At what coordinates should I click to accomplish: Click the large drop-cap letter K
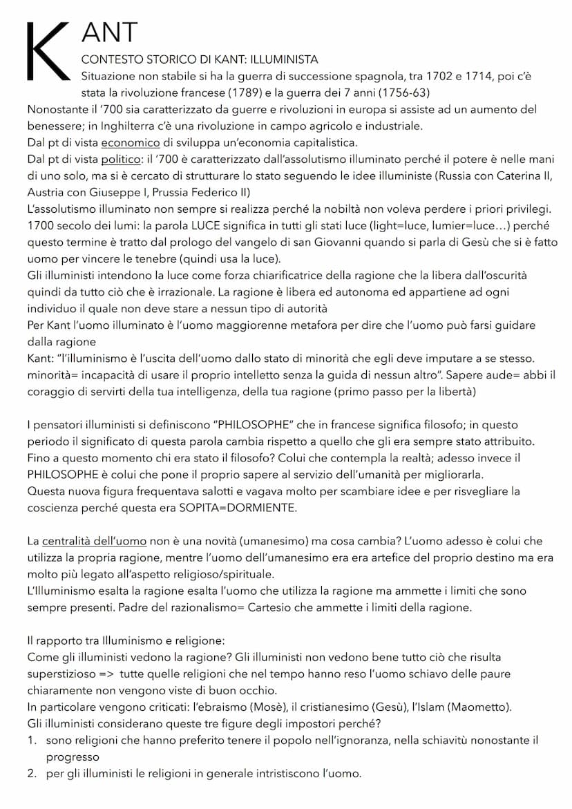[x=47, y=50]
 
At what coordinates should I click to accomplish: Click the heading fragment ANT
[x=109, y=32]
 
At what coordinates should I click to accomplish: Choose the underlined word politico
[x=121, y=160]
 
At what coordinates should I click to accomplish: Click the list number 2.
[x=32, y=773]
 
